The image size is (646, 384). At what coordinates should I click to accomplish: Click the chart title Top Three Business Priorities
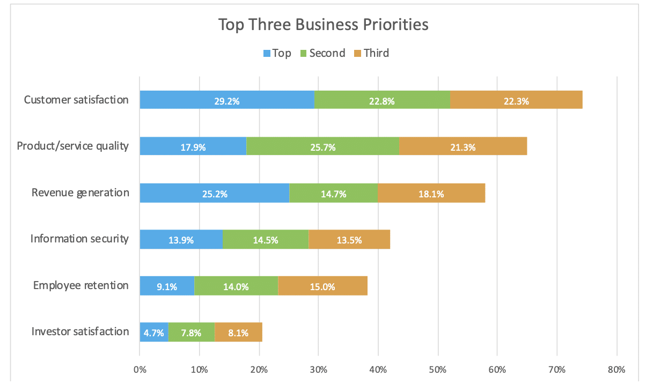[323, 25]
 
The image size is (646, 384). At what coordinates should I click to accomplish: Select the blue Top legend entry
[277, 53]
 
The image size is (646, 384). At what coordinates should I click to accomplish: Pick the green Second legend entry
[322, 53]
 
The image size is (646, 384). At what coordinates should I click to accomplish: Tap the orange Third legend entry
[371, 53]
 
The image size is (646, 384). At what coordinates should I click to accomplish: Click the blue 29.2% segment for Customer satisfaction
[227, 100]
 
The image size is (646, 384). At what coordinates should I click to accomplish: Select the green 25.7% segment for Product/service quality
[322, 146]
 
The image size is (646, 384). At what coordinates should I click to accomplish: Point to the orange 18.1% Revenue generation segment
[431, 194]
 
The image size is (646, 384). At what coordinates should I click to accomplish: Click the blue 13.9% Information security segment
[181, 240]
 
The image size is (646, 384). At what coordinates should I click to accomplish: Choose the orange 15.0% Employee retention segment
[322, 286]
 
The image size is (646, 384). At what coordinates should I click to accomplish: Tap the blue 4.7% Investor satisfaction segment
[154, 333]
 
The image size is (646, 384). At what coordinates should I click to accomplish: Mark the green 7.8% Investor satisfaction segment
[191, 333]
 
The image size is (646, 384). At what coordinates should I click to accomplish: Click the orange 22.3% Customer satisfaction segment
[516, 100]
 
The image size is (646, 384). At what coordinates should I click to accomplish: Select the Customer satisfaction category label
[77, 100]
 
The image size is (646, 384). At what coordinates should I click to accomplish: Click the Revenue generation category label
[80, 193]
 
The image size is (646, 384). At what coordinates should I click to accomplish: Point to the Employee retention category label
[81, 285]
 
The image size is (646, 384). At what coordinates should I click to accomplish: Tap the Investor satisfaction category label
[80, 331]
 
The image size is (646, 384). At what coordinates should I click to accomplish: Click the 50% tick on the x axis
[438, 370]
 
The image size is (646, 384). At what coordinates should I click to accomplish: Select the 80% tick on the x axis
[616, 370]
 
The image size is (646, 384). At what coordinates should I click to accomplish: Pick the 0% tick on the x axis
[140, 370]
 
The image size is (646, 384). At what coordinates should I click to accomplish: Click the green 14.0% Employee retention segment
[236, 286]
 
